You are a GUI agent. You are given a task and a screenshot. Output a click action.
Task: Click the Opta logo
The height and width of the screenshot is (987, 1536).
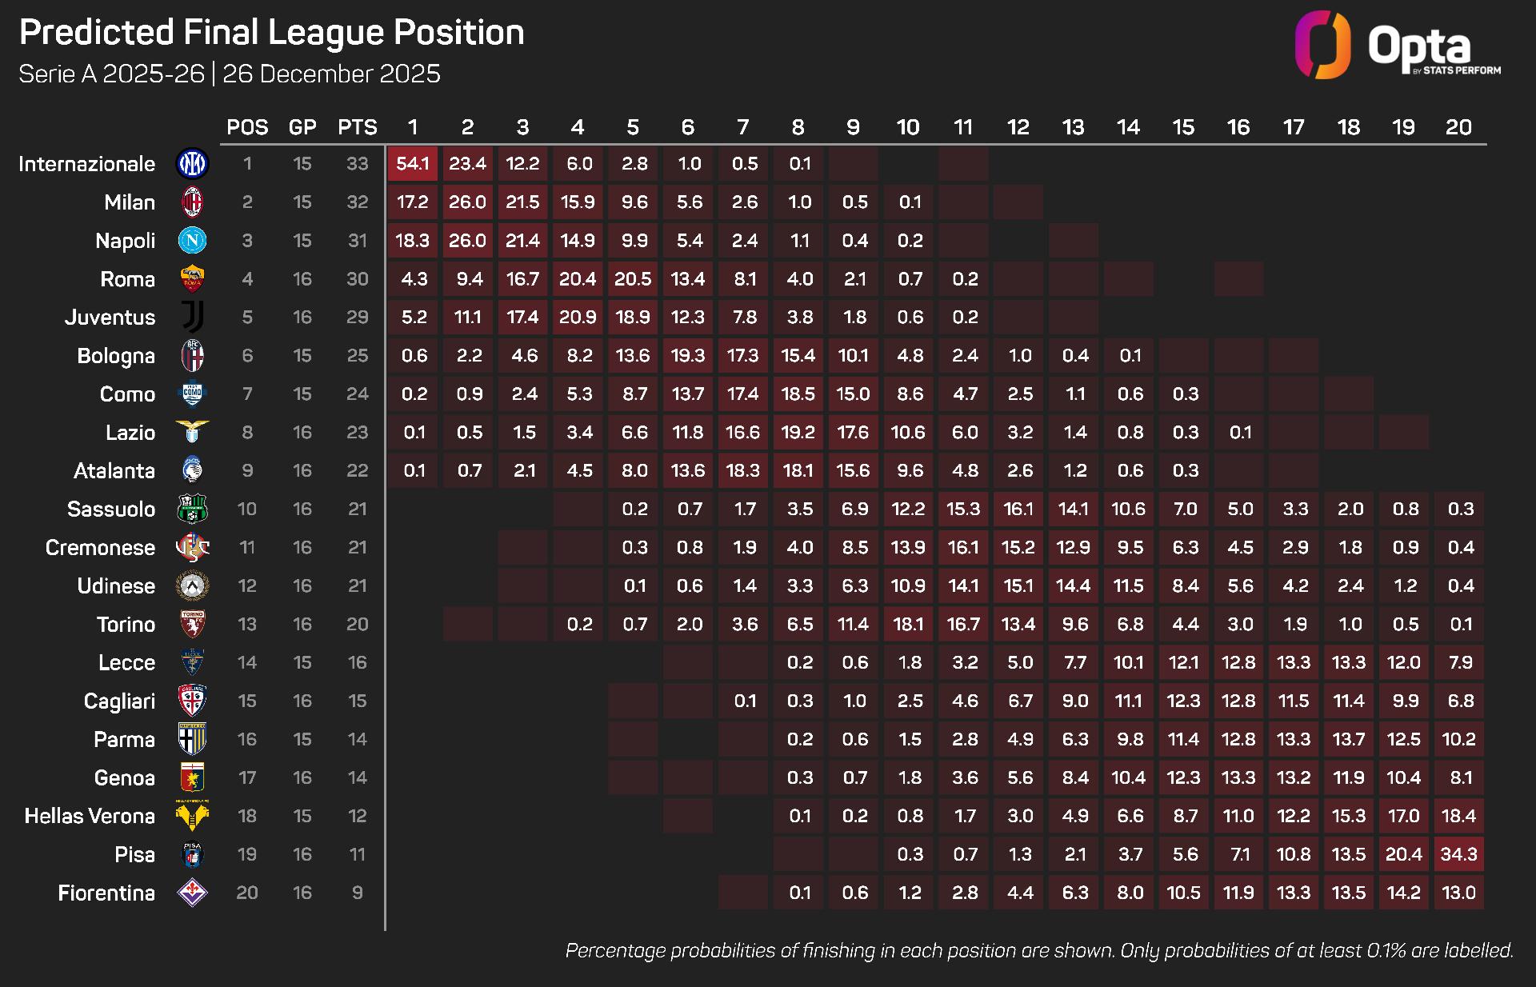pyautogui.click(x=1397, y=46)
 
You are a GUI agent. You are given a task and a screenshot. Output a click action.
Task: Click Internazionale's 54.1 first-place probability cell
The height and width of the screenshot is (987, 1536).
pyautogui.click(x=413, y=164)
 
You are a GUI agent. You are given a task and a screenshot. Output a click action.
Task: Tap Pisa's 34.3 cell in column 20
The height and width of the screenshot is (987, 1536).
pyautogui.click(x=1458, y=854)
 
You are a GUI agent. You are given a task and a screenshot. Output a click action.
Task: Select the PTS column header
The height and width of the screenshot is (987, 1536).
pyautogui.click(x=357, y=127)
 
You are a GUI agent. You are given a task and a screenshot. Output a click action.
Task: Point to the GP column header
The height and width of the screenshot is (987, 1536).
pyautogui.click(x=302, y=127)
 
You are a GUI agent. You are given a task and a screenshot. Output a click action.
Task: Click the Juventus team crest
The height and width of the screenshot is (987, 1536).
pyautogui.click(x=193, y=318)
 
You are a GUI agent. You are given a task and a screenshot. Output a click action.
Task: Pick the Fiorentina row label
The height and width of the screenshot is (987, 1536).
pyautogui.click(x=106, y=893)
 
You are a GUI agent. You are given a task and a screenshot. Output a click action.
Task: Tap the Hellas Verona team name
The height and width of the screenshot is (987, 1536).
pyautogui.click(x=90, y=816)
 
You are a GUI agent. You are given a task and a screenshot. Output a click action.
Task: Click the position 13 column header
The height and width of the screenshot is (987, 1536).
pyautogui.click(x=1073, y=127)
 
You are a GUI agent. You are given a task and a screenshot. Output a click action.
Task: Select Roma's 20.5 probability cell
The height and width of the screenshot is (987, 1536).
pyautogui.click(x=633, y=279)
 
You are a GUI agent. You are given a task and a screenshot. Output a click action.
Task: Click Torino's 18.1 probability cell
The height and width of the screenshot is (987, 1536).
pyautogui.click(x=908, y=624)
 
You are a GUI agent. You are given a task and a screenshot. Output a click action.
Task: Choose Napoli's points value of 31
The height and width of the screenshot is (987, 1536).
pyautogui.click(x=357, y=241)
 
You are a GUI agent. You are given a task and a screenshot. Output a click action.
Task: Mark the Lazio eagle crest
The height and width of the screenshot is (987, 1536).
pyautogui.click(x=193, y=432)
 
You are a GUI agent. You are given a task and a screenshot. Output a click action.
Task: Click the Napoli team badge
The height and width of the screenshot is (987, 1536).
pyautogui.click(x=193, y=241)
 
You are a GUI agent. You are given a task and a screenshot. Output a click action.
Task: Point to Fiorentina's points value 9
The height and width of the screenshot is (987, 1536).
pyautogui.click(x=357, y=893)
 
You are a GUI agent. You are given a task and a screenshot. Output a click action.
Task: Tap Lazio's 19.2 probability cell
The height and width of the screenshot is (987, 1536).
pyautogui.click(x=798, y=432)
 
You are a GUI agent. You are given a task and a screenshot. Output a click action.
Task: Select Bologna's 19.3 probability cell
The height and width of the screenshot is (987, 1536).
pyautogui.click(x=688, y=356)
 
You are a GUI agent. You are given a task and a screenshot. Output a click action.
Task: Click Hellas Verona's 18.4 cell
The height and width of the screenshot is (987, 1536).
pyautogui.click(x=1458, y=816)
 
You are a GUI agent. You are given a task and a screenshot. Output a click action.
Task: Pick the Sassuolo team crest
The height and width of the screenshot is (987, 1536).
pyautogui.click(x=193, y=509)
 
